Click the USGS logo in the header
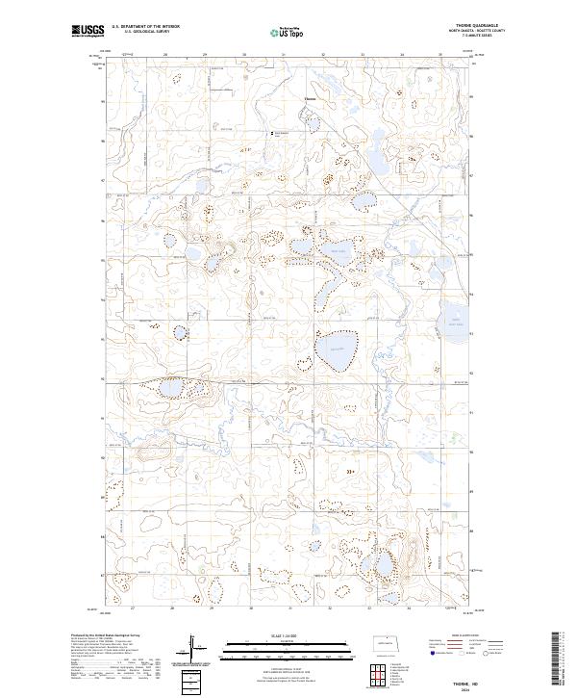(88, 33)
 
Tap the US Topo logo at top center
(288, 33)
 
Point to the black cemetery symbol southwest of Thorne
(270, 133)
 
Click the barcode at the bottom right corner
(564, 659)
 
